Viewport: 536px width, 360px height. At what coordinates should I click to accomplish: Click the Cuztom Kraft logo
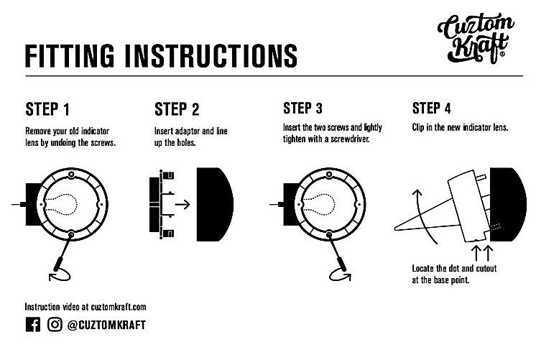[x=475, y=38]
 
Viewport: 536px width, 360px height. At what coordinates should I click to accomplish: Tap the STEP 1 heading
[x=47, y=109]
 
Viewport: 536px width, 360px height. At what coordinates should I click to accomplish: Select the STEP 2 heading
[x=177, y=109]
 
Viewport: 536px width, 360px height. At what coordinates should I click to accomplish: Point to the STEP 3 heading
[x=302, y=109]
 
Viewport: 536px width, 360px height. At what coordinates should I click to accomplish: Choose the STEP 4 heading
[x=431, y=109]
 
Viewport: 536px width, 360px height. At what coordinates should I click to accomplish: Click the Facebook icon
[x=33, y=325]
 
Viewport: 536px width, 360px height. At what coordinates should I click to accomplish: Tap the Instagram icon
[x=55, y=325]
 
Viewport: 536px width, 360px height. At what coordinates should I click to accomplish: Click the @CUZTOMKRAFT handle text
[x=106, y=325]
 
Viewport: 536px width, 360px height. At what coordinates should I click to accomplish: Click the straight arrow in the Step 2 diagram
[x=182, y=205]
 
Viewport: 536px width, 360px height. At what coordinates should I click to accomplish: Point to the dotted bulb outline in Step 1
[x=62, y=205]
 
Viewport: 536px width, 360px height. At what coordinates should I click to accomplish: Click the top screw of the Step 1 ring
[x=71, y=174]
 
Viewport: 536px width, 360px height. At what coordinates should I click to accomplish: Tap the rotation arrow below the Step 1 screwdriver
[x=60, y=275]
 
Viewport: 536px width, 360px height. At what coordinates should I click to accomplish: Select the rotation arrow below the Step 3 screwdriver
[x=340, y=275]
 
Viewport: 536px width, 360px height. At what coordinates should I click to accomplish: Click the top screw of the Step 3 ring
[x=329, y=174]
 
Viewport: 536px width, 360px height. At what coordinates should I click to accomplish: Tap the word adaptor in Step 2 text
[x=187, y=131]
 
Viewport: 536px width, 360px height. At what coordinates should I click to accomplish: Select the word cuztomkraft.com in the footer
[x=119, y=307]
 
